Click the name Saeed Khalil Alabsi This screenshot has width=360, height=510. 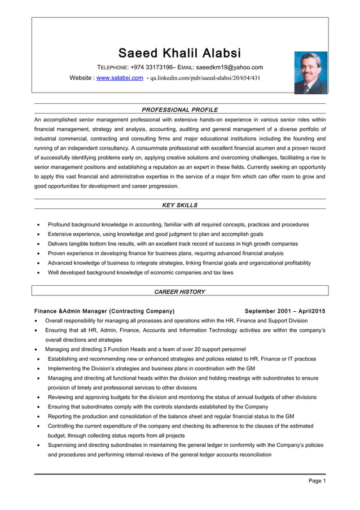[179, 54]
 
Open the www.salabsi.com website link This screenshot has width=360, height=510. [120, 78]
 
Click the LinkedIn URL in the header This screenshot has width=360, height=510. [205, 78]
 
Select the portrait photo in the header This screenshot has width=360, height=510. [310, 72]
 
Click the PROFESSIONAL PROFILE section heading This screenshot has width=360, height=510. [179, 110]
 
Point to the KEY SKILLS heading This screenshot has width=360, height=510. [179, 205]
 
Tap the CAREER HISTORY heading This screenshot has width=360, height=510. [179, 291]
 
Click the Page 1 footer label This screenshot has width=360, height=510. [317, 481]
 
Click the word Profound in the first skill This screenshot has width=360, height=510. [60, 224]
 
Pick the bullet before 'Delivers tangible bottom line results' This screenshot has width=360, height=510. [37, 244]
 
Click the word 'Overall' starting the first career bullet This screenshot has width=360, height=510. [55, 321]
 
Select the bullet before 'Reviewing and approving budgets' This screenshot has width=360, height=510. [37, 398]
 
